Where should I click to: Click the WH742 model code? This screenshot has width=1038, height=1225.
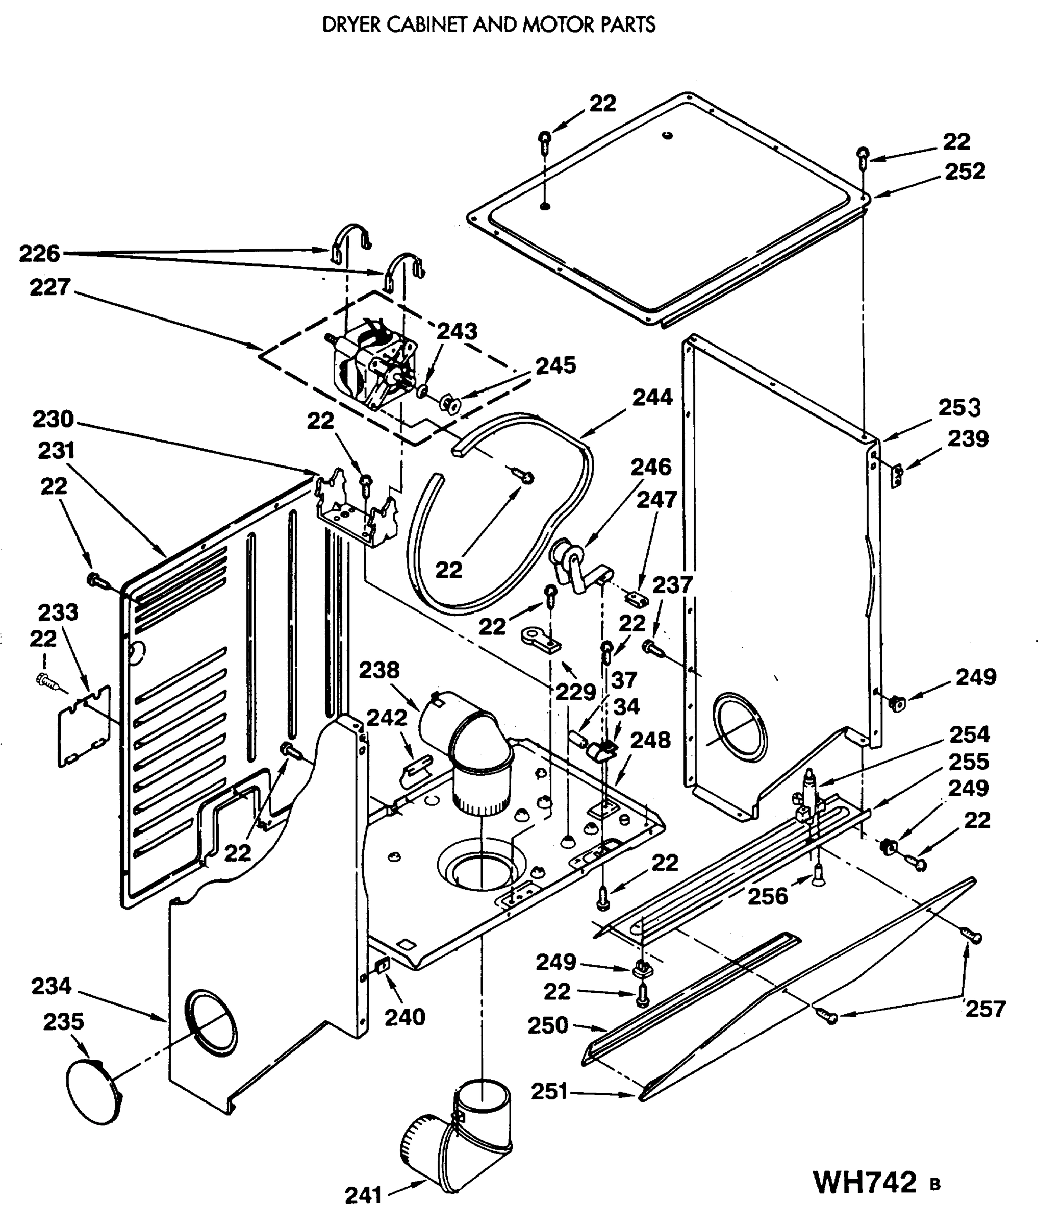coord(865,1182)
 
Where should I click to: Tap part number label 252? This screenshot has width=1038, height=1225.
coord(965,171)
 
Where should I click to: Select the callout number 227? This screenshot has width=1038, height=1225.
coord(50,287)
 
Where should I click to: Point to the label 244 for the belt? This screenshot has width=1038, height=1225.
coord(652,398)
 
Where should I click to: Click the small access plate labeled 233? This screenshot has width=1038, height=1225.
coord(84,726)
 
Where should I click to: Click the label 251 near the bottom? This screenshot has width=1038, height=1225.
coord(549,1091)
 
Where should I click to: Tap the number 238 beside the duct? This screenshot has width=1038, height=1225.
coord(379,670)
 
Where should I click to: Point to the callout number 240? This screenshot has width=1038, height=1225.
coord(404,1017)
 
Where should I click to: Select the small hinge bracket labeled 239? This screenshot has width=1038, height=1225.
coord(897,475)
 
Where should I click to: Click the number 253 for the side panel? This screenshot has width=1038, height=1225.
coord(959,407)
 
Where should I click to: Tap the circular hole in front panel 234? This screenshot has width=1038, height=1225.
coord(211,1022)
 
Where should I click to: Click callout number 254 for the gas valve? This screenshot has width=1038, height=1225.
coord(969,734)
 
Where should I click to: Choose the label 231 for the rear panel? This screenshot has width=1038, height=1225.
coord(56,451)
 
